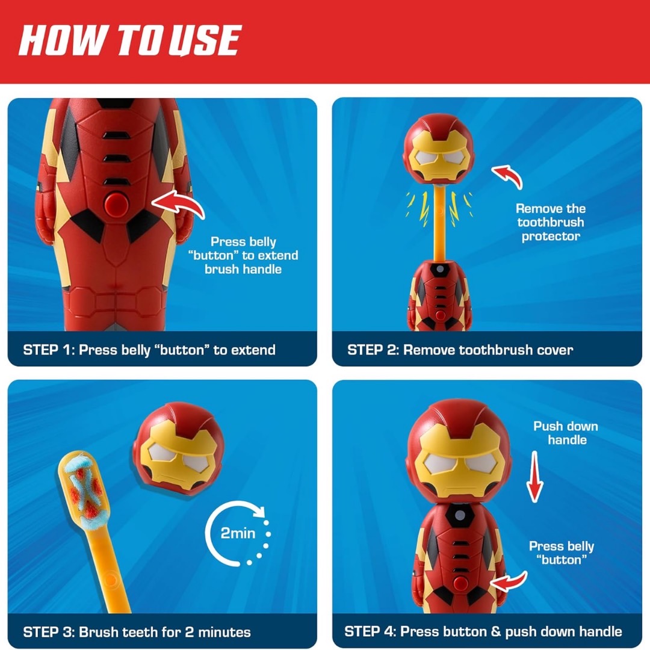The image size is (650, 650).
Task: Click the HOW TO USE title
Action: [129, 40]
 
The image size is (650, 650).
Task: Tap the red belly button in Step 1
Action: [115, 205]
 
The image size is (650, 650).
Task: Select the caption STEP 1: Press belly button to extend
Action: [149, 350]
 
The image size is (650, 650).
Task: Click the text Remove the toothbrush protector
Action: [550, 223]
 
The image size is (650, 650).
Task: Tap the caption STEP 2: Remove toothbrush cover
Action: [460, 350]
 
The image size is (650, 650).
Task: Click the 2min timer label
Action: [238, 533]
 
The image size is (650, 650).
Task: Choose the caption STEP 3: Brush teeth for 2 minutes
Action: [137, 632]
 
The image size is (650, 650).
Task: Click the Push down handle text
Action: [566, 433]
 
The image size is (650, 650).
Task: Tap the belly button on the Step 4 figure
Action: [460, 581]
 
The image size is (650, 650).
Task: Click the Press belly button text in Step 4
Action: [561, 553]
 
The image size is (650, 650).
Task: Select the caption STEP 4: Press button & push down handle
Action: [483, 631]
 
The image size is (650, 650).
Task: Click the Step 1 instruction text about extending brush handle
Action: [243, 255]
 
